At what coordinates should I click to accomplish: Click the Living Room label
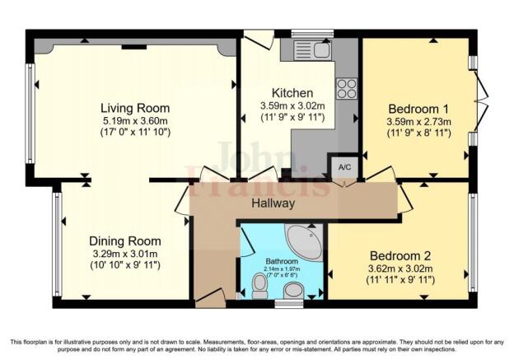[135, 108]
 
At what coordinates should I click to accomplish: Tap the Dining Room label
[125, 241]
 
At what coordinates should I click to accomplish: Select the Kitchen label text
[292, 93]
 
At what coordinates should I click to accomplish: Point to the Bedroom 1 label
[418, 109]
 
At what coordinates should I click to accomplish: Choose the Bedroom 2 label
[400, 255]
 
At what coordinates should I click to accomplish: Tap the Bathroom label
[282, 261]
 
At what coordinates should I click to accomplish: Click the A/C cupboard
[344, 167]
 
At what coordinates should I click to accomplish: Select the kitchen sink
[312, 50]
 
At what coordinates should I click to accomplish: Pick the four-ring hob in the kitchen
[347, 88]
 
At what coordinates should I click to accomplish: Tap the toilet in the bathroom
[260, 286]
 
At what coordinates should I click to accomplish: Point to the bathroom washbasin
[293, 291]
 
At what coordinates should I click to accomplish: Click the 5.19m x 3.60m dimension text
[135, 120]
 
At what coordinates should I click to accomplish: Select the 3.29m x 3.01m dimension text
[125, 254]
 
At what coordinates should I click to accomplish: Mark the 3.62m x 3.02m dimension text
[400, 269]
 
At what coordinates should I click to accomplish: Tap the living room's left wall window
[30, 113]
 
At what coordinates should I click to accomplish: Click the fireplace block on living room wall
[134, 47]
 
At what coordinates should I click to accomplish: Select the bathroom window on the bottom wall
[289, 304]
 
